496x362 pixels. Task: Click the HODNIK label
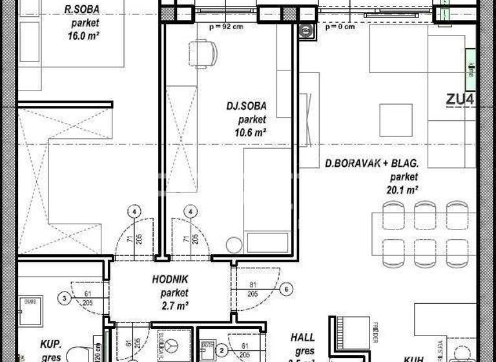(x=170, y=279)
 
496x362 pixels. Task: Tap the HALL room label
(x=302, y=337)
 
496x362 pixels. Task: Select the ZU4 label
(x=460, y=100)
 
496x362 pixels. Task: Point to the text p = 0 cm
(x=340, y=27)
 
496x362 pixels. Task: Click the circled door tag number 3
(x=64, y=298)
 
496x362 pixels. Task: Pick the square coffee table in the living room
(x=395, y=120)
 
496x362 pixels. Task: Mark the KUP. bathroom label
(x=50, y=344)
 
